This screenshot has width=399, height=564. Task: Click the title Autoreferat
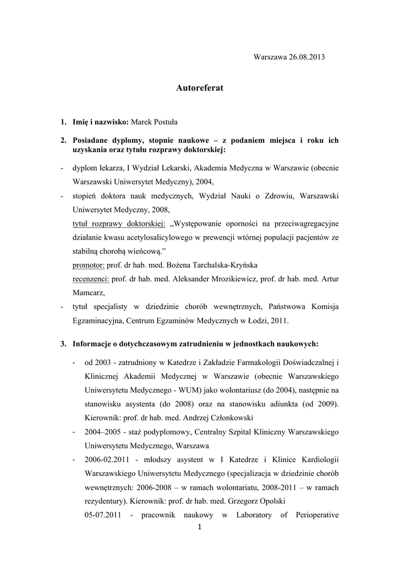[199, 88]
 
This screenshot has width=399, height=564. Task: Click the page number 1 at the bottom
[199, 528]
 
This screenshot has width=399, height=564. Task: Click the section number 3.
[63, 344]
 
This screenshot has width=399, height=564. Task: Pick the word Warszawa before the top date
[269, 57]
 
